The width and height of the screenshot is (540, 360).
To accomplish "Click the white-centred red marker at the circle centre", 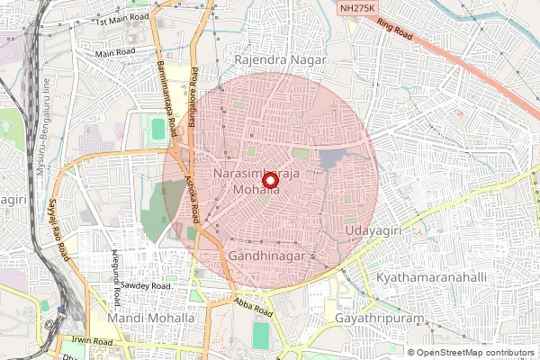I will [269, 180].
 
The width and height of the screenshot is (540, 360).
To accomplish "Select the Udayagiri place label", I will [373, 231].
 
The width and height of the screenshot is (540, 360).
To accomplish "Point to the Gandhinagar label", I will [270, 256].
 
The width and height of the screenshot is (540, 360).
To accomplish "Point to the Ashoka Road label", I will [192, 197].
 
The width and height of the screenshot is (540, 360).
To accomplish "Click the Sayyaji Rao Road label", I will [58, 230].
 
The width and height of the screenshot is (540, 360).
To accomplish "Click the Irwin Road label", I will [90, 342].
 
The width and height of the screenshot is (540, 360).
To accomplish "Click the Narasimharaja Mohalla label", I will [256, 179].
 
